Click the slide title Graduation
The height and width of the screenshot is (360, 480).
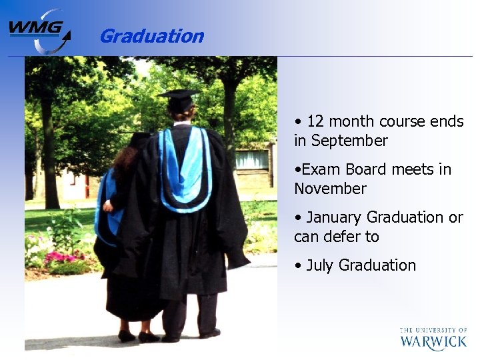[151, 36]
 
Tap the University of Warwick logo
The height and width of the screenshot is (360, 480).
[433, 339]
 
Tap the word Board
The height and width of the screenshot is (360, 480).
[367, 169]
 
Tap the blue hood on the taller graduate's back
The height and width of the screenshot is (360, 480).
[186, 170]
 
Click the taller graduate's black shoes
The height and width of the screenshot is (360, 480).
[209, 333]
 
